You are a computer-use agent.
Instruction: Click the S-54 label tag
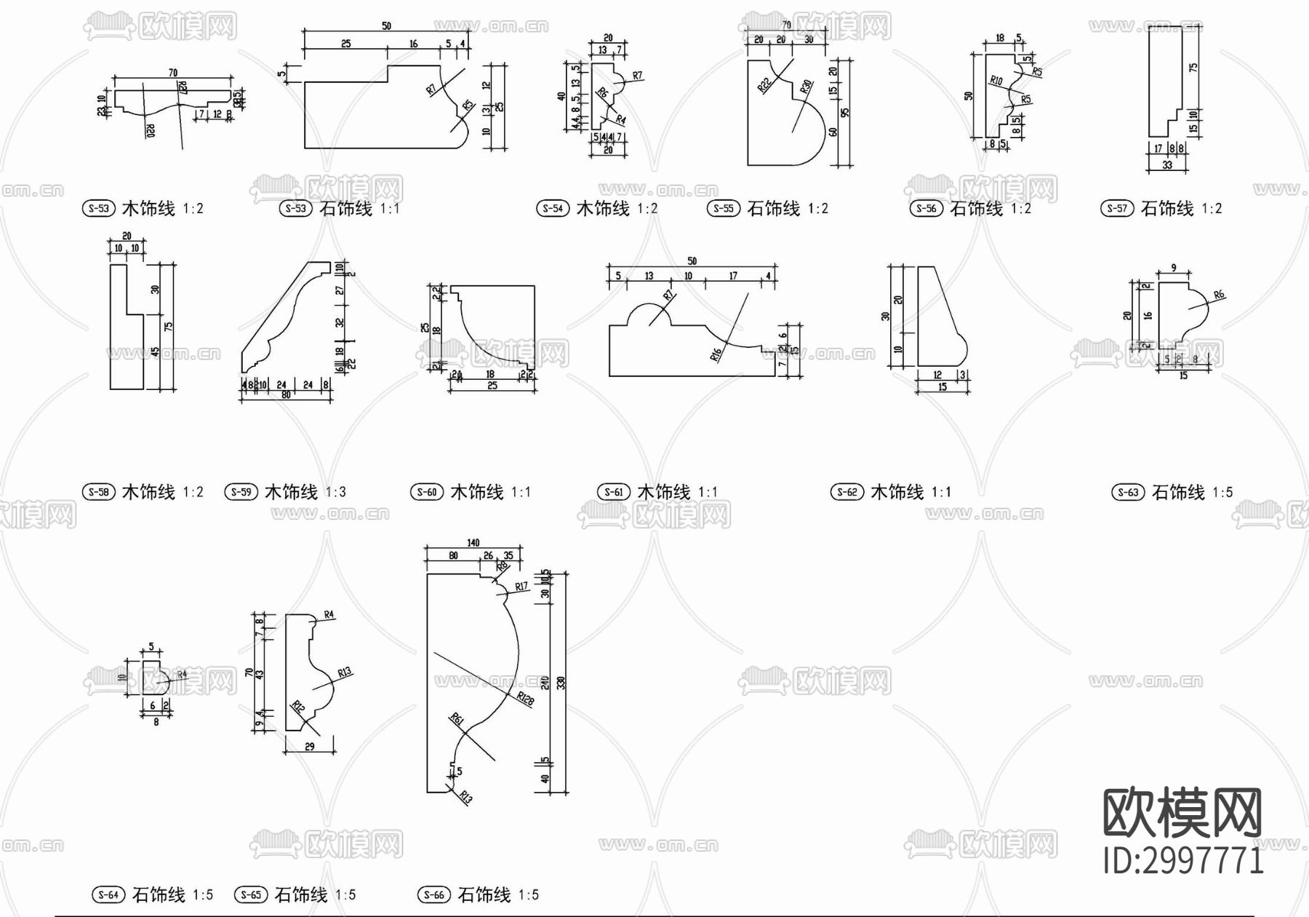tap(553, 209)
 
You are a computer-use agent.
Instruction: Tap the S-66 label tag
tap(434, 895)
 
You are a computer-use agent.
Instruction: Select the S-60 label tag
tap(427, 492)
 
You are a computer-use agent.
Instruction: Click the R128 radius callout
tap(525, 699)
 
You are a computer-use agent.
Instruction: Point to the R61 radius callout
tap(457, 720)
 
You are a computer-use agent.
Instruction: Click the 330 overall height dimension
tap(561, 683)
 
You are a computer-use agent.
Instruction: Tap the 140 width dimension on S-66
tap(473, 543)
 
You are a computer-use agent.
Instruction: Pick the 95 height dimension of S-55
tap(844, 112)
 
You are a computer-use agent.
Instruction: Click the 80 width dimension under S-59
tap(286, 395)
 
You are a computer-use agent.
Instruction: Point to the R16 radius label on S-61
tap(716, 354)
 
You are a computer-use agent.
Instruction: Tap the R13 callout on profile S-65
tap(345, 672)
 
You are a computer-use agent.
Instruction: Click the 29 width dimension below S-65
tap(309, 747)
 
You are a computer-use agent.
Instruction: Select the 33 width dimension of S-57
tap(1167, 165)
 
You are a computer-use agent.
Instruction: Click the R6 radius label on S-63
tap(1219, 295)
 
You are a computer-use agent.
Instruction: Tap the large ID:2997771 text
tap(1183, 861)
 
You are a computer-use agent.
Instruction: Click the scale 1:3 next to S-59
tap(335, 492)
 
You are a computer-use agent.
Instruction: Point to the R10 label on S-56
tap(996, 80)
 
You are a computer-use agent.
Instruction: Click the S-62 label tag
tap(847, 492)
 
